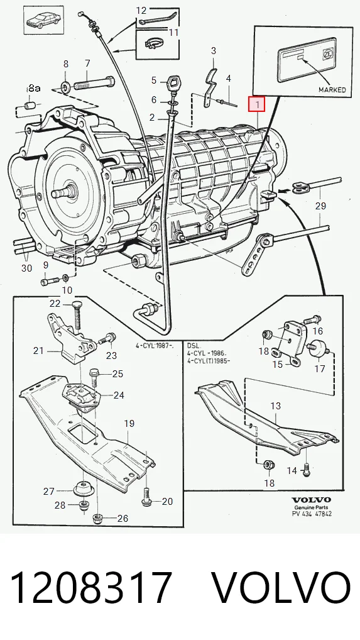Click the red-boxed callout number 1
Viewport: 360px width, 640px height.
[x=257, y=104]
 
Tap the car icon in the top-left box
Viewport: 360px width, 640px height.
[x=42, y=19]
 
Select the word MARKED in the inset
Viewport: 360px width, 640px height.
[x=332, y=89]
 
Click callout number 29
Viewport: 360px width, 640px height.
[x=320, y=206]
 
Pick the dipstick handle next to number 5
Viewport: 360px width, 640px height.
[x=173, y=82]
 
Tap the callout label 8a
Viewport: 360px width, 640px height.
[x=34, y=88]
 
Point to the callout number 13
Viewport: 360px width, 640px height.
[x=276, y=406]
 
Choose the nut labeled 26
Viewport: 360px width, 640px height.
[x=97, y=519]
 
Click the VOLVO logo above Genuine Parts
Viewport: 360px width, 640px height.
[x=311, y=500]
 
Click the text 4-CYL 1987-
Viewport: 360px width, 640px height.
[x=155, y=346]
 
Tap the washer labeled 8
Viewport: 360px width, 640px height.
[x=65, y=87]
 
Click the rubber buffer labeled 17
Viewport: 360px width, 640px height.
[x=320, y=349]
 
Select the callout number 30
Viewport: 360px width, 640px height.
[x=26, y=268]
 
